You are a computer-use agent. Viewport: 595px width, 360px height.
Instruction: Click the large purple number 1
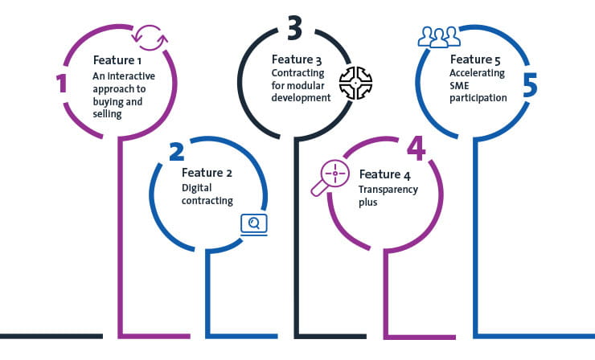pyautogui.click(x=62, y=82)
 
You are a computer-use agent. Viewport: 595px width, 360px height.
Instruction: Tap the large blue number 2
pyautogui.click(x=177, y=152)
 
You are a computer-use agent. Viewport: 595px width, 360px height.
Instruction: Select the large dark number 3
pyautogui.click(x=294, y=29)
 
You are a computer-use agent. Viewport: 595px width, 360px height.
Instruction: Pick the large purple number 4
pyautogui.click(x=415, y=147)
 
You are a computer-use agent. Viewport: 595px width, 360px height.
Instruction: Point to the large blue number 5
pyautogui.click(x=529, y=84)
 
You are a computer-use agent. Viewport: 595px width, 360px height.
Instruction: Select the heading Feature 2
pyautogui.click(x=207, y=173)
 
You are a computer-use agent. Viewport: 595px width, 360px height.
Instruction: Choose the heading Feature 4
pyautogui.click(x=385, y=174)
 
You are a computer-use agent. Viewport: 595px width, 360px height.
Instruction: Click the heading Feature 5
pyautogui.click(x=476, y=59)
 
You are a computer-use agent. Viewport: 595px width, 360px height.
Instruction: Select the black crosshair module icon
pyautogui.click(x=355, y=83)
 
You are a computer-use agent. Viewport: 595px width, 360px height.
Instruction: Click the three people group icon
pyautogui.click(x=439, y=37)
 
